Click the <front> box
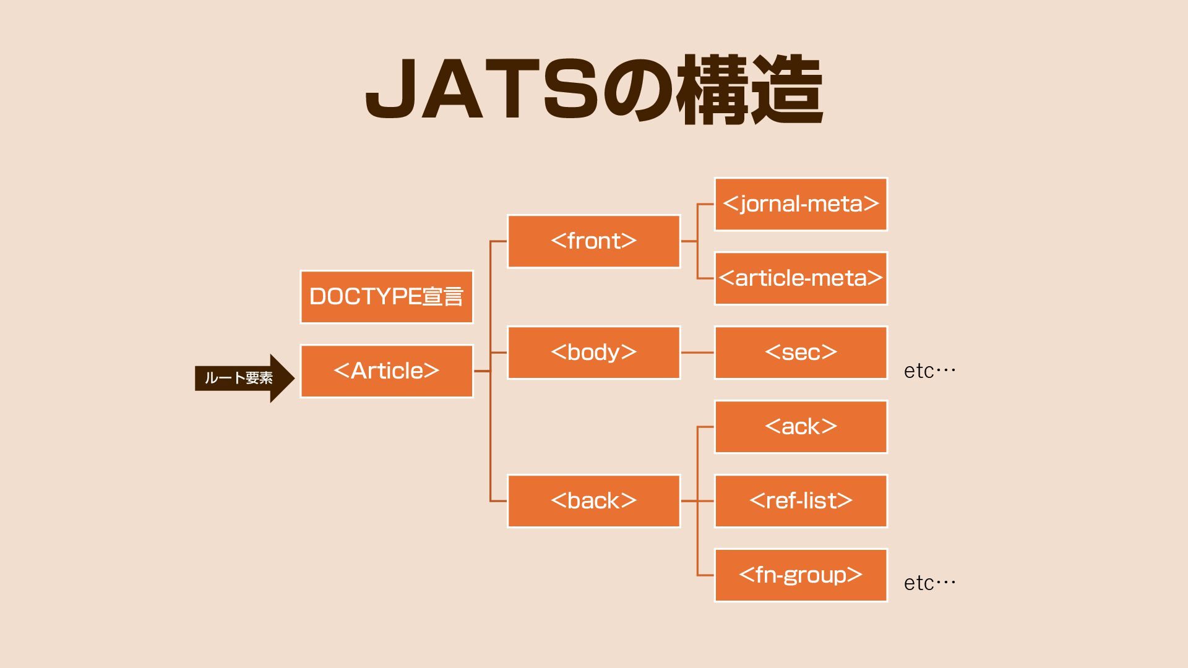click(593, 241)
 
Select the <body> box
click(593, 353)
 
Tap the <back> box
click(593, 501)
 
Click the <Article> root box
click(386, 371)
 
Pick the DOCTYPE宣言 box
click(386, 297)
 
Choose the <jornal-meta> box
click(801, 204)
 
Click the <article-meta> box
click(801, 278)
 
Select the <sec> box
click(801, 353)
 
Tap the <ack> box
click(801, 427)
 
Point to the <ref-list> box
click(801, 501)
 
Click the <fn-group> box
click(801, 575)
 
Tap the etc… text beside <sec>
click(929, 371)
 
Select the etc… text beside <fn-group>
click(929, 583)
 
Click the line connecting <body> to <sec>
click(697, 353)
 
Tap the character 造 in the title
click(787, 90)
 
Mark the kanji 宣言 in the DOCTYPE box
click(443, 297)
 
